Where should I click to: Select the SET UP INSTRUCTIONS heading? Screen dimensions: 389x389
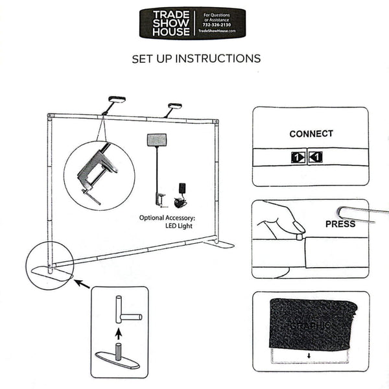[x=196, y=58]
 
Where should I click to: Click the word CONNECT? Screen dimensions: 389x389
[x=311, y=134]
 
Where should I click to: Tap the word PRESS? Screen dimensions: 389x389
[x=340, y=224]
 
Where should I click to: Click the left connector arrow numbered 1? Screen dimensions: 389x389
[x=296, y=156]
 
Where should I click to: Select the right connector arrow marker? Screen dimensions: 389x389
[x=315, y=156]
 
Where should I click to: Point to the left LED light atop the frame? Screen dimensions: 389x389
[x=116, y=100]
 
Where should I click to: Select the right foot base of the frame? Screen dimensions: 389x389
[x=218, y=244]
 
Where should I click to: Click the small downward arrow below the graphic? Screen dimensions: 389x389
[x=310, y=355]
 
